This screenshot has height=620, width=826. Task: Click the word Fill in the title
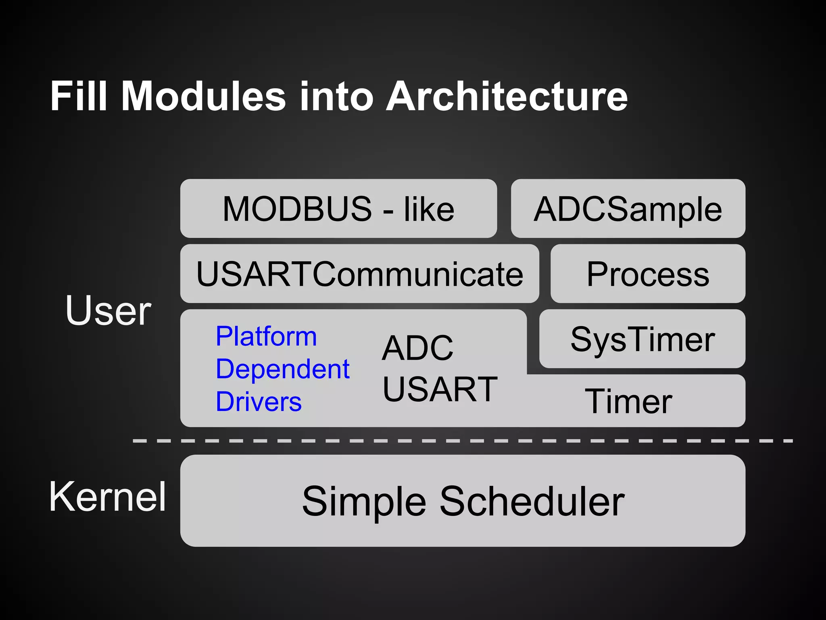tap(78, 96)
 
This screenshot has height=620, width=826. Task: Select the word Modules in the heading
tap(204, 96)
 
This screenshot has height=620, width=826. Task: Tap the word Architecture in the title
tap(507, 96)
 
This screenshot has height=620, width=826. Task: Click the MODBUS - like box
tap(338, 209)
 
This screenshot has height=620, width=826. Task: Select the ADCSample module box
tap(628, 209)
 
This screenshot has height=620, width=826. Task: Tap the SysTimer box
tap(642, 339)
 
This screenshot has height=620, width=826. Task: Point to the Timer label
tap(628, 401)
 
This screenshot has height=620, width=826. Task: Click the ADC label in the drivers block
tap(417, 348)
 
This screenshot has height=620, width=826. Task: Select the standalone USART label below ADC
tap(440, 389)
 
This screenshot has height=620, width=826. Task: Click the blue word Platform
tap(266, 336)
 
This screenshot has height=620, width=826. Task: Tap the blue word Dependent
tap(282, 369)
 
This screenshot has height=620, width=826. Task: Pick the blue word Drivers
tap(259, 402)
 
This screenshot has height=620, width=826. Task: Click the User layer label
tap(108, 310)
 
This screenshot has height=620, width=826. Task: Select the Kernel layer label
tap(107, 497)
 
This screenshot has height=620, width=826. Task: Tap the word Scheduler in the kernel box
tap(532, 501)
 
